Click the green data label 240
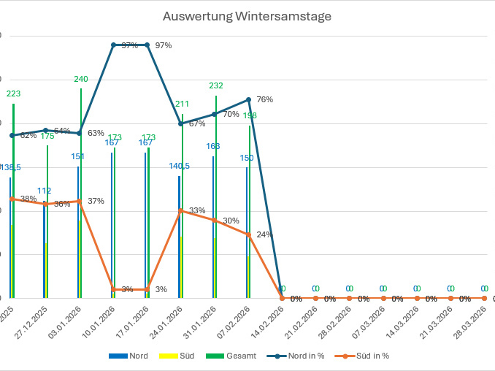tap(81, 79)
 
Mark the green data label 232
tap(216, 85)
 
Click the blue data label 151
tap(77, 156)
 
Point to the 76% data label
tap(265, 99)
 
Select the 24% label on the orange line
tap(265, 234)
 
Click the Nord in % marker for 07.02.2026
tap(249, 99)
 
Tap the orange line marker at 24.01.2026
tap(181, 210)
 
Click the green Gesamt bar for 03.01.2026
tap(81, 197)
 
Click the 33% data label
tap(197, 210)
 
